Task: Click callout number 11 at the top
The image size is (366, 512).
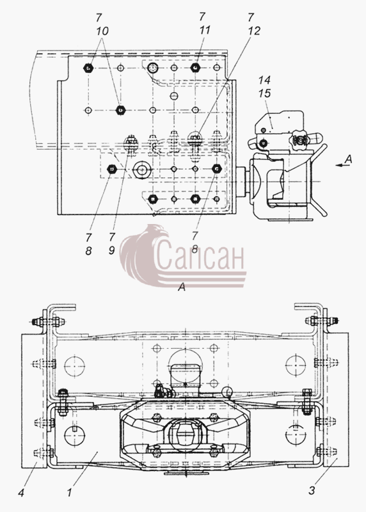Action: click(x=204, y=30)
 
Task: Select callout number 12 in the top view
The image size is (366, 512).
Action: click(x=254, y=31)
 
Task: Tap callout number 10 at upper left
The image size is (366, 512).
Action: click(x=102, y=31)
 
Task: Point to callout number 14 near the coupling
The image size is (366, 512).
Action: click(x=264, y=80)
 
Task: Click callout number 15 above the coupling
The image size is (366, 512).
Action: click(x=264, y=93)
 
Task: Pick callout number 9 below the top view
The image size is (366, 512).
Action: click(x=112, y=251)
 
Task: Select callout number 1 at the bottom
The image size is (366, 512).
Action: click(x=70, y=492)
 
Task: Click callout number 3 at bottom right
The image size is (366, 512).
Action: click(x=312, y=490)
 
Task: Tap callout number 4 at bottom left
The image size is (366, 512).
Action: click(x=21, y=492)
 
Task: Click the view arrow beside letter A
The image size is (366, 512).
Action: click(x=340, y=166)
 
